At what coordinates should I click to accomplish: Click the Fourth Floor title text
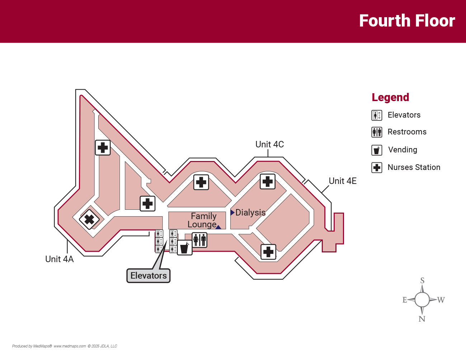point(407,21)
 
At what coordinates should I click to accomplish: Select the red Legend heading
point(390,98)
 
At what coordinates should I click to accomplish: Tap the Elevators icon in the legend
point(377,115)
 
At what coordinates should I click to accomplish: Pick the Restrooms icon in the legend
point(377,132)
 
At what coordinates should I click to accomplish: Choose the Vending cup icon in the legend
point(377,150)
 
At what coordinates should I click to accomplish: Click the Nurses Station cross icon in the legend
point(377,167)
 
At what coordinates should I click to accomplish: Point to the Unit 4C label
point(269,145)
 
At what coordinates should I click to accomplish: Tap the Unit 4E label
point(343,181)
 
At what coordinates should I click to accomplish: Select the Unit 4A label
point(59,259)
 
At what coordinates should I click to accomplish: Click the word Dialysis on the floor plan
point(250,213)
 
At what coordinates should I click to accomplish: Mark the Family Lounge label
point(203,220)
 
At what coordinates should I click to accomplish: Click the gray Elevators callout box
point(149,276)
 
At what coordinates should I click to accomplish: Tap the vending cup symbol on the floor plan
point(184,248)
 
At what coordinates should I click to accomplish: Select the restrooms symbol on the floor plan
point(199,240)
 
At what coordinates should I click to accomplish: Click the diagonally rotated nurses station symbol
point(89,219)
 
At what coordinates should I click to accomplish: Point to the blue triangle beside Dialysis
point(232,213)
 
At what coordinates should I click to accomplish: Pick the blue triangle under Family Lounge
point(218,227)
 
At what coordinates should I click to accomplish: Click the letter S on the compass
point(422,280)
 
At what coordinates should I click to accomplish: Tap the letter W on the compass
point(441,300)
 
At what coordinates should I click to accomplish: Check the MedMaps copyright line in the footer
point(65,346)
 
